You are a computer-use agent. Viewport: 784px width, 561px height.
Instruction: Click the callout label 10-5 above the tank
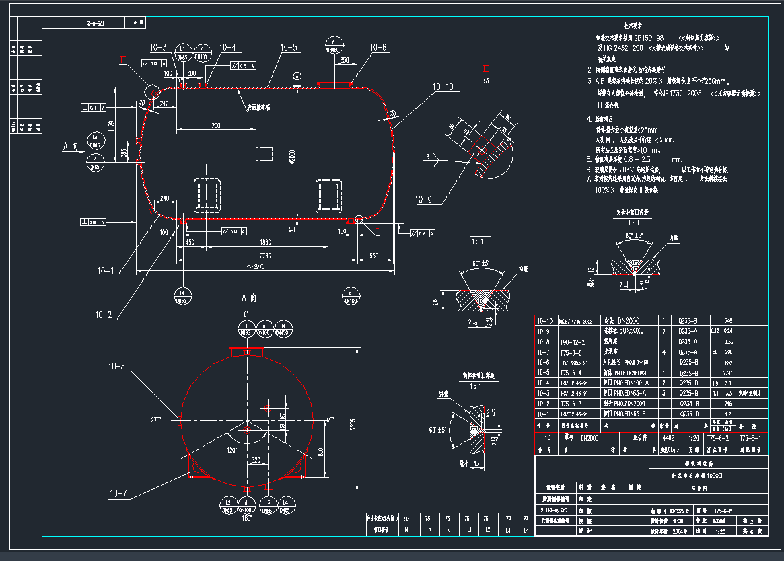(289, 48)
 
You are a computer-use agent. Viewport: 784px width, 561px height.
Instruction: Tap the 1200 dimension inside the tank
(215, 126)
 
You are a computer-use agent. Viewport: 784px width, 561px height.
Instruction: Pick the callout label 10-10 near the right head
(443, 87)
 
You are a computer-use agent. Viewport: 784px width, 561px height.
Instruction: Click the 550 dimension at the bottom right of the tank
(374, 256)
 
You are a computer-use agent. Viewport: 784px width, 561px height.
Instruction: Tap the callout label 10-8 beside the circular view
(116, 367)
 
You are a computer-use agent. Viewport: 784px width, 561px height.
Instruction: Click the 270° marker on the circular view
(156, 419)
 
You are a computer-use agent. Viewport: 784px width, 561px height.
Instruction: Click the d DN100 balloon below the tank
(350, 297)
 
